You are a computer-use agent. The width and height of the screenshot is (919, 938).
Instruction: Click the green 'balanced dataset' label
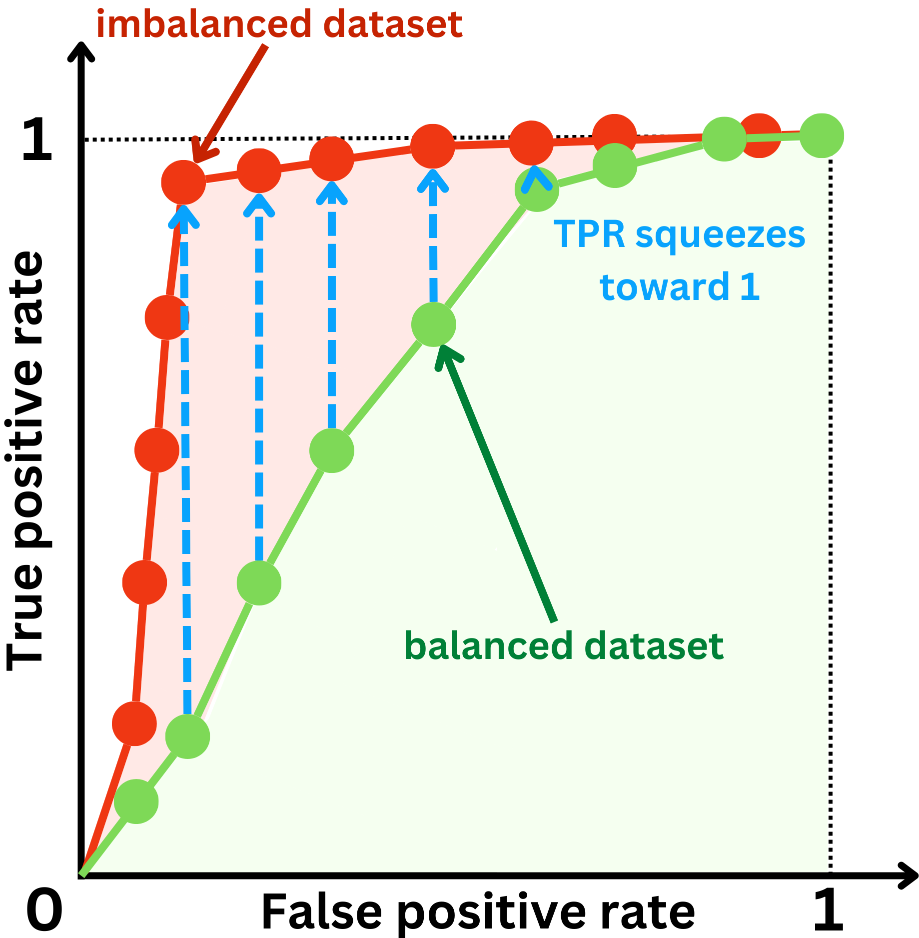(564, 646)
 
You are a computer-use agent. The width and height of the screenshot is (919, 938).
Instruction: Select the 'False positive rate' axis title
(478, 912)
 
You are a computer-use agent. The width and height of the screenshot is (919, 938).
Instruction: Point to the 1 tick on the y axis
(37, 140)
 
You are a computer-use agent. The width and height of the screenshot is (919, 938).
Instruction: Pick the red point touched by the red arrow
(183, 182)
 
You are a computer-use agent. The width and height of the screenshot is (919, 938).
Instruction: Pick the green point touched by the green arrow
(434, 324)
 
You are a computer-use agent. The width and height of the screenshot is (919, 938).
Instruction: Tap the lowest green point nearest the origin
(136, 801)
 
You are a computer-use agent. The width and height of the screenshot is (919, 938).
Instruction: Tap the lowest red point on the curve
(134, 723)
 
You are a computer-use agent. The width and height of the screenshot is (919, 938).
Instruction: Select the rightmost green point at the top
(822, 136)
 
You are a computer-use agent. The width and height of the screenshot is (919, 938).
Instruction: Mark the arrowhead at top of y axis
(81, 52)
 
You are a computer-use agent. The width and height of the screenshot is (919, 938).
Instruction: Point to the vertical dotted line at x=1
(830, 500)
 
